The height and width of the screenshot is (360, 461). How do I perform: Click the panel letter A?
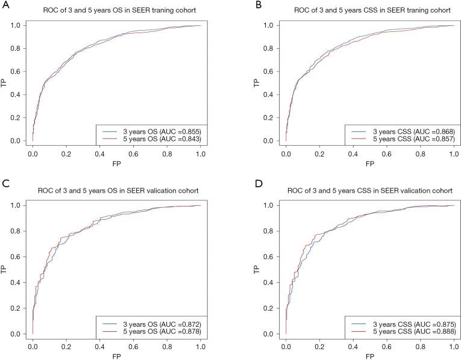[x=4, y=5]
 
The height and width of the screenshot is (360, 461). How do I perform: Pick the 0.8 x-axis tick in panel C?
[x=167, y=347]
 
